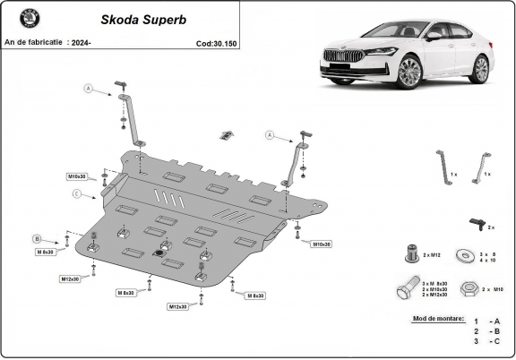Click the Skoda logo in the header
[x=19, y=19]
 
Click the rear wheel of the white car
[x=481, y=68]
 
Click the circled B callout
[x=37, y=238]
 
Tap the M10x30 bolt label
[x=79, y=176]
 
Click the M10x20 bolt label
[x=320, y=244]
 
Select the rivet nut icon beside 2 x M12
[x=411, y=254]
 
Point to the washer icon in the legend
[x=466, y=255]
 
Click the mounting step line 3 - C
[x=487, y=341]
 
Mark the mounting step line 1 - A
[x=487, y=320]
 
